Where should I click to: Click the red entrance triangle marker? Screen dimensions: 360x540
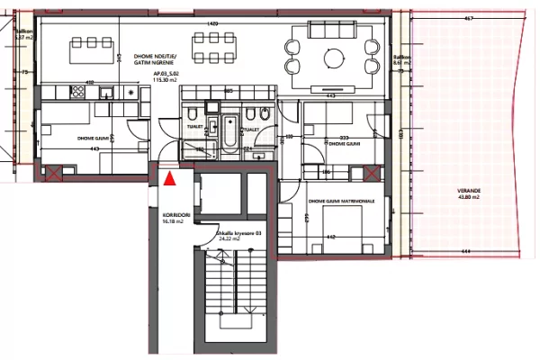[169, 179]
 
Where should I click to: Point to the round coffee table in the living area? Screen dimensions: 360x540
[333, 57]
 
